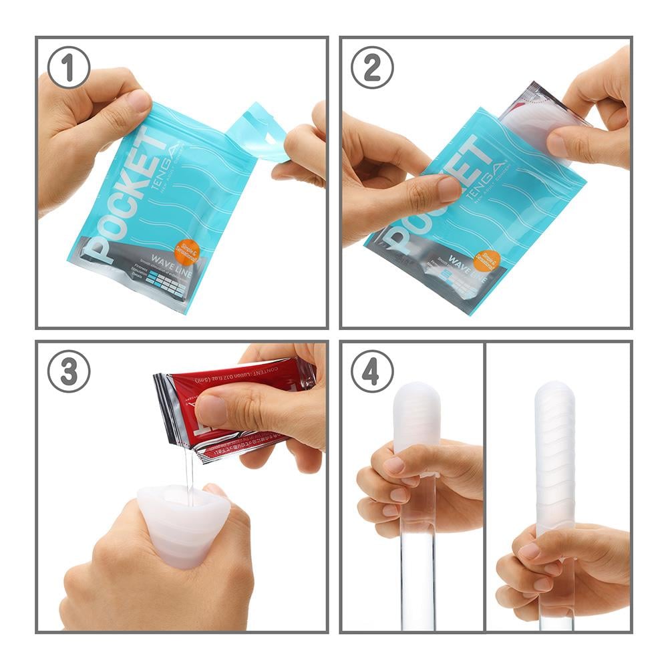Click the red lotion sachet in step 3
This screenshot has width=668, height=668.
point(230,407)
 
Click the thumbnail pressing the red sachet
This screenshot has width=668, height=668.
point(212,409)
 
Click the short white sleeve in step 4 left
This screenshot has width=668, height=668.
point(416,417)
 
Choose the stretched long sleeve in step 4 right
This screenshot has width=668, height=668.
point(555,454)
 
